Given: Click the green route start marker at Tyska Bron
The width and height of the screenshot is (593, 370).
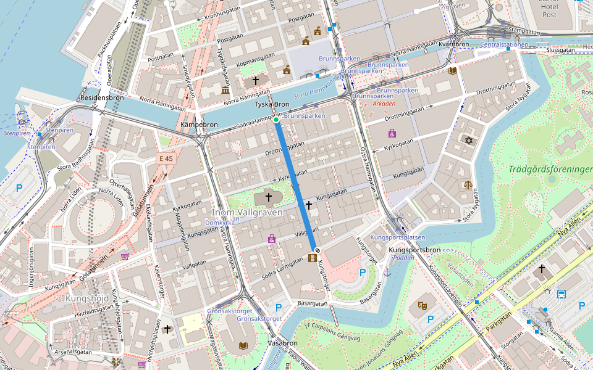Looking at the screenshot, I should pos(276,120).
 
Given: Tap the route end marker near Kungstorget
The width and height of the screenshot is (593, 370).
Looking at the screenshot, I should pos(316,250).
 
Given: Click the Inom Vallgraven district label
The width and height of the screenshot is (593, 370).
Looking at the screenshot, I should pos(248,212).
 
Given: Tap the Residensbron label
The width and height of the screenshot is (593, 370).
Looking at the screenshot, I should pos(102,97).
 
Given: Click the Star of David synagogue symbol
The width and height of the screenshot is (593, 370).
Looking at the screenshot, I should pos(468,141).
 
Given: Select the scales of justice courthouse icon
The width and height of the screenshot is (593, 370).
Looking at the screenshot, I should pos(468,184).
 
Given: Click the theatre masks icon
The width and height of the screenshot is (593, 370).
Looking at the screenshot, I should pos(423,305).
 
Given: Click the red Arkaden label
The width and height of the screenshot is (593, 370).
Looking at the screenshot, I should pos(384,104).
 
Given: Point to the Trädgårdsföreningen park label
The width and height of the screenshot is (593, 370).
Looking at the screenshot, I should pos(550,169).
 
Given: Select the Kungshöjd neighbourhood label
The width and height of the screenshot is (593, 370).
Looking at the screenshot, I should pos(86,299).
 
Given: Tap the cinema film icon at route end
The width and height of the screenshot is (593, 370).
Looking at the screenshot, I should pos(312,257).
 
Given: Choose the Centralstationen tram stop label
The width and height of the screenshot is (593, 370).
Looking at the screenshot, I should pos(504,44).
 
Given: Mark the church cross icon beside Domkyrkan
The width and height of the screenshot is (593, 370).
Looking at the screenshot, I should pos(268,197).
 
